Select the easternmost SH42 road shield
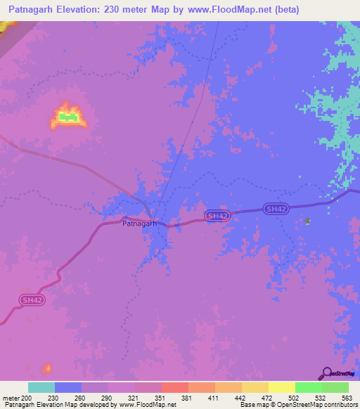tap(275, 209)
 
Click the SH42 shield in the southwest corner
tap(32, 300)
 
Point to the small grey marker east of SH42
tap(307, 221)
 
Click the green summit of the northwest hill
tap(68, 116)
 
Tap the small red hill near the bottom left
tap(48, 368)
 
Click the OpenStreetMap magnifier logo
tap(326, 373)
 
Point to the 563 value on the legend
tap(347, 397)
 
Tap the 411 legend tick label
tap(214, 397)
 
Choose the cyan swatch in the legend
tap(41, 387)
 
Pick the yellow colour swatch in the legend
tap(281, 387)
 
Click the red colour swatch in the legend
tap(174, 387)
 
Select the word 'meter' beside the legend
tap(11, 397)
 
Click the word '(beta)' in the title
tap(286, 10)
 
